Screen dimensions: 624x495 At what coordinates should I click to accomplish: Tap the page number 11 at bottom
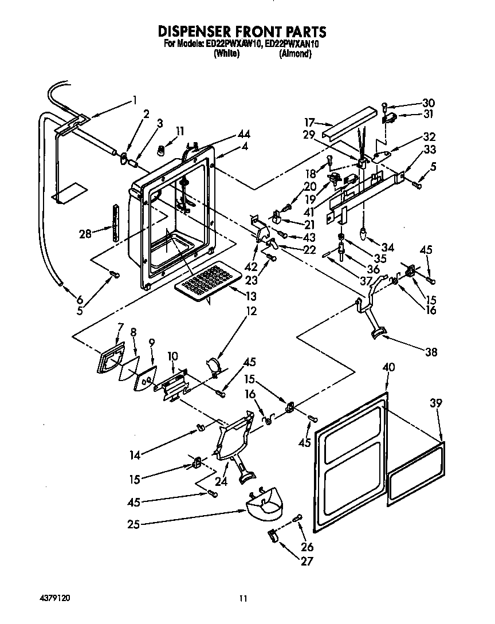(243, 598)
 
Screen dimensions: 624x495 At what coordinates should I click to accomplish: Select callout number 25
(133, 523)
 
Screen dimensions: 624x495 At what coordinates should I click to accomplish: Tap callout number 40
(388, 368)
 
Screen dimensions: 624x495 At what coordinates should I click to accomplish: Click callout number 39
(436, 403)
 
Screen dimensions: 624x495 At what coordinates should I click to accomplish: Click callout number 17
(309, 121)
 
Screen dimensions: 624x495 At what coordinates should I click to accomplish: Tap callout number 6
(80, 299)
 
